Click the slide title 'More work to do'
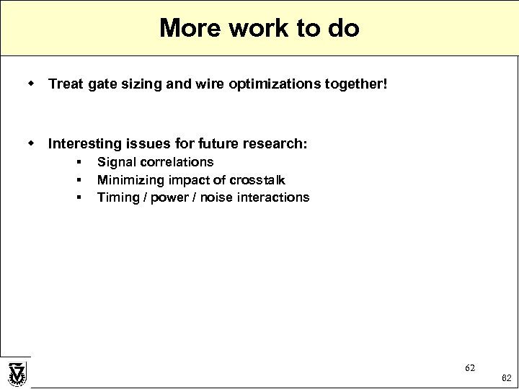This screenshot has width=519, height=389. tap(259, 28)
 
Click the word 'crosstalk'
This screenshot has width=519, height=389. tap(255, 179)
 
